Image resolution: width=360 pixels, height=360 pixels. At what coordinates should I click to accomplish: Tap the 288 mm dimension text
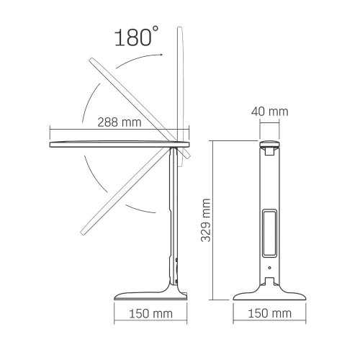(x=120, y=122)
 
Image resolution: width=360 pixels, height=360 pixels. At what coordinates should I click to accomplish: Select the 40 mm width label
(x=271, y=112)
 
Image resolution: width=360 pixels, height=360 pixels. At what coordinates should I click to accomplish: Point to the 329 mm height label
(x=206, y=220)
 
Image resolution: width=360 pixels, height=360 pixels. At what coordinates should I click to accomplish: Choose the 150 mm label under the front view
(x=271, y=315)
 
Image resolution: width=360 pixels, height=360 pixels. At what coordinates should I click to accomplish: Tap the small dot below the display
(x=271, y=270)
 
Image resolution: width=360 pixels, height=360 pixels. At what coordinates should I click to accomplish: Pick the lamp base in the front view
(x=271, y=294)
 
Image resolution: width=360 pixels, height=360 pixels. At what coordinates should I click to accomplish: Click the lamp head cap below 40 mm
(x=271, y=147)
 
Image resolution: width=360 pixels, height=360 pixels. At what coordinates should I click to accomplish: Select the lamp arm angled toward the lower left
(x=119, y=191)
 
